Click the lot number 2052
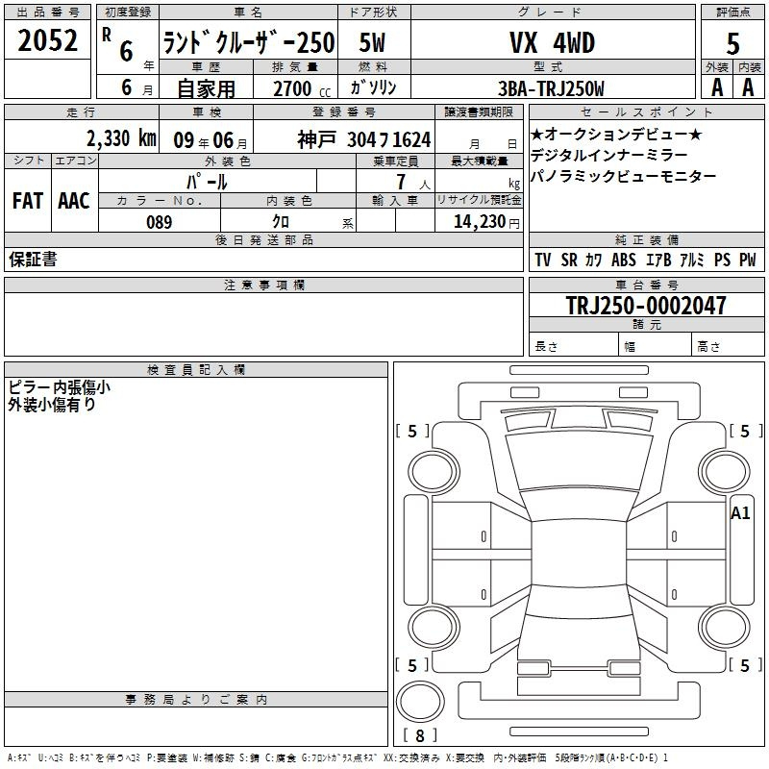pos(47,40)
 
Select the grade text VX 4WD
pos(552,42)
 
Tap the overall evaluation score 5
pos(732,43)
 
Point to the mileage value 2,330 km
pos(121,138)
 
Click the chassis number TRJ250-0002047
pos(646,305)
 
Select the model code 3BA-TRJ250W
pos(551,88)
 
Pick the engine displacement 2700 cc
pos(302,88)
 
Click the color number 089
pos(159,222)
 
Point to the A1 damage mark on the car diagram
pos(740,513)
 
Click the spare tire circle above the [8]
pos(420,702)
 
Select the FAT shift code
pos(28,201)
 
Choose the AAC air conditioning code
pos(74,201)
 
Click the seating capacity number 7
pos(401,182)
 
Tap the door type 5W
pos(372,42)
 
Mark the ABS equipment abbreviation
pos(623,260)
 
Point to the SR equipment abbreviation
pos(569,260)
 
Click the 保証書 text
pos(33,260)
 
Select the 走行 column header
pos(81,112)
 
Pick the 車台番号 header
pos(646,285)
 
